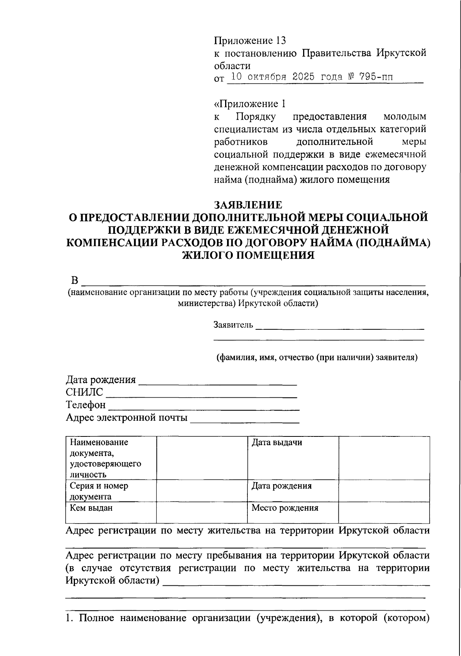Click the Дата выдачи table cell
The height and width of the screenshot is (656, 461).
pyautogui.click(x=277, y=443)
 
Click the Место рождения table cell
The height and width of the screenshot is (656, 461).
pyautogui.click(x=285, y=508)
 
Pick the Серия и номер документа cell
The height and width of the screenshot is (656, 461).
pyautogui.click(x=99, y=491)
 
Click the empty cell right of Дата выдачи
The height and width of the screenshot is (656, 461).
pyautogui.click(x=384, y=458)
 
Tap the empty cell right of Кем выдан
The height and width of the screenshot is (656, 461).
pyautogui.click(x=202, y=512)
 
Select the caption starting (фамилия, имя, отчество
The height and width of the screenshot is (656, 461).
pyautogui.click(x=317, y=357)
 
